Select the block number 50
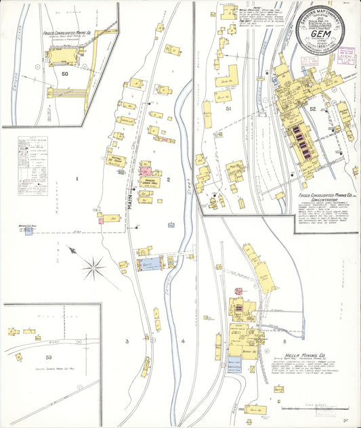point(65,73)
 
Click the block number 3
point(126,341)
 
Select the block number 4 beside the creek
point(183,341)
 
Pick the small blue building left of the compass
point(29,232)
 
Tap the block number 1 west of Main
point(77,179)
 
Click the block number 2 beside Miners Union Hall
point(168,179)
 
